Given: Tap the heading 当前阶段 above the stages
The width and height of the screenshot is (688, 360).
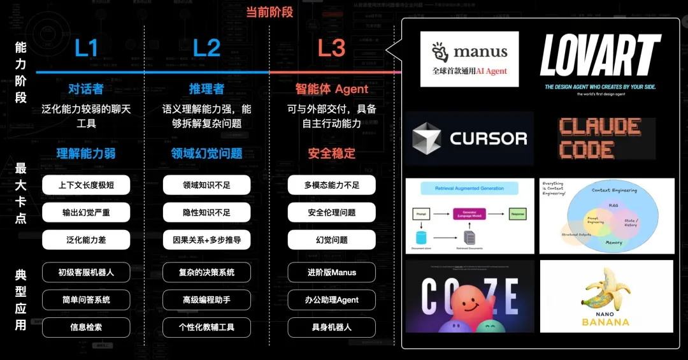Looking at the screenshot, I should (x=270, y=11).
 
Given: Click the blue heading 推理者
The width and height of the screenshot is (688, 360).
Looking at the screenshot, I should (x=206, y=89).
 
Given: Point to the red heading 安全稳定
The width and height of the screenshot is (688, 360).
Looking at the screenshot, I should (x=331, y=153).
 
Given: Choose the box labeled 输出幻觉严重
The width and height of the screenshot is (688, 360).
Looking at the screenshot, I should (x=86, y=212).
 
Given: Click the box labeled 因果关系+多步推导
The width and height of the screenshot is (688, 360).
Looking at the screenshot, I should (x=206, y=240).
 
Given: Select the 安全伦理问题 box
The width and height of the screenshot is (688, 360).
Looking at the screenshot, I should (x=331, y=212).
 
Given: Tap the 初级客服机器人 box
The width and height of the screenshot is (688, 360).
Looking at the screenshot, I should (x=86, y=272).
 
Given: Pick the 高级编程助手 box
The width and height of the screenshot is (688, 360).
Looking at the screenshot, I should (x=206, y=299).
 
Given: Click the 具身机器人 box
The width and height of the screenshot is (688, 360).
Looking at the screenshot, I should (x=331, y=328).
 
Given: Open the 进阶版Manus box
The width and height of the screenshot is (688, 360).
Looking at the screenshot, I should (x=331, y=272).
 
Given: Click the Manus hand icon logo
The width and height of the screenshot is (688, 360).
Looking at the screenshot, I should (x=440, y=52).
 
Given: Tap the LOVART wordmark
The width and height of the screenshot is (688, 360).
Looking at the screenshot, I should (x=600, y=56).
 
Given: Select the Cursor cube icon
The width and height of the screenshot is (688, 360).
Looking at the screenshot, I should (x=427, y=138).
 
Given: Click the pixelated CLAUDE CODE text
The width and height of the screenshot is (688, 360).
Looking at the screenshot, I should (x=599, y=138).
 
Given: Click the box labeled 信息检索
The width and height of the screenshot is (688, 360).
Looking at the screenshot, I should (x=86, y=328).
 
